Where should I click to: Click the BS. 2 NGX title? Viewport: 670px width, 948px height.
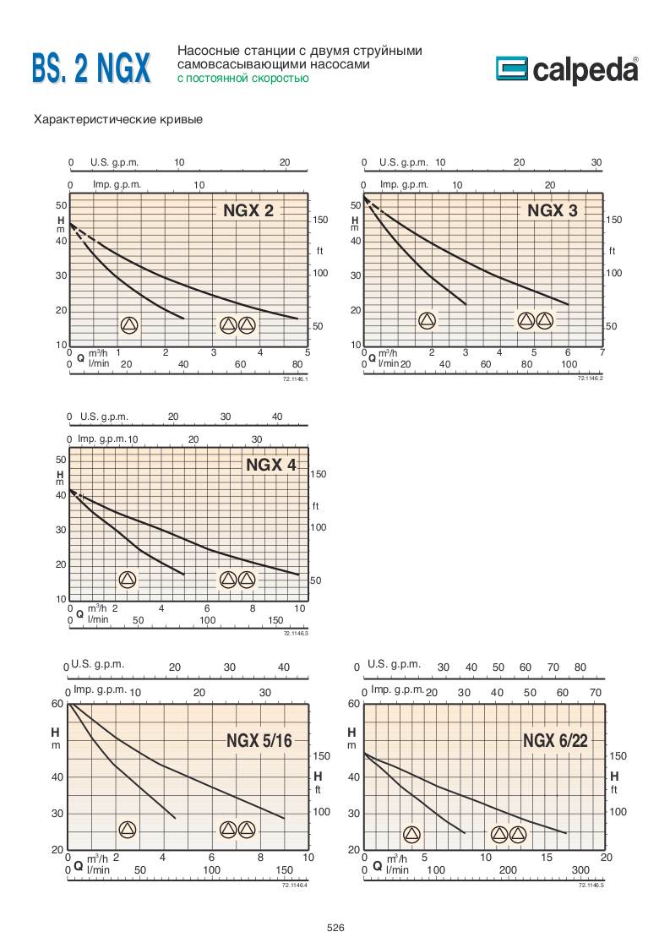coord(91,68)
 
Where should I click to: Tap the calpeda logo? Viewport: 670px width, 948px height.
coord(566,69)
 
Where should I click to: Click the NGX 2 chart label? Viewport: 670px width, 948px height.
coord(248,211)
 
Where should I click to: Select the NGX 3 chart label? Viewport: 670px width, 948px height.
coord(553,210)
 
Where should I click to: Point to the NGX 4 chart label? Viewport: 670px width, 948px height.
coord(271,465)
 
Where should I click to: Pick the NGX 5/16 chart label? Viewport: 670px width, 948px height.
coord(259,742)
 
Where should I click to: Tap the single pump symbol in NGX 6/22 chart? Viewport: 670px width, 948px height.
coord(411,835)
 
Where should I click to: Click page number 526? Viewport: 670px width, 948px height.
coord(335,928)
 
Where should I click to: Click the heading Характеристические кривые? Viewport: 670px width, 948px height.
coord(117,119)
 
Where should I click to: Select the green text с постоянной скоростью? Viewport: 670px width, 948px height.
coord(242,79)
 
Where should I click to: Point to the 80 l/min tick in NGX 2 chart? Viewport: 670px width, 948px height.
coord(297,364)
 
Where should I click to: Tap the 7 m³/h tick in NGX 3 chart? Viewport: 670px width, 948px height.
coord(602,352)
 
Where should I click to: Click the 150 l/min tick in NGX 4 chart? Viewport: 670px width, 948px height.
coord(275,619)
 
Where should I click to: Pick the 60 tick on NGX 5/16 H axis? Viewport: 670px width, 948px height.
coord(57,703)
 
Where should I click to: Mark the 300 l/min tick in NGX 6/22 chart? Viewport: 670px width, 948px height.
coord(580,869)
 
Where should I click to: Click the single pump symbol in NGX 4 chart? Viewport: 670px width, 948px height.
coord(128,580)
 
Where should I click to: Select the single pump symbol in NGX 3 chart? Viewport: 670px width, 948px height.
coord(427,320)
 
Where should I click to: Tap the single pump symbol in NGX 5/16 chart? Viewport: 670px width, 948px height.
coord(127,829)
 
